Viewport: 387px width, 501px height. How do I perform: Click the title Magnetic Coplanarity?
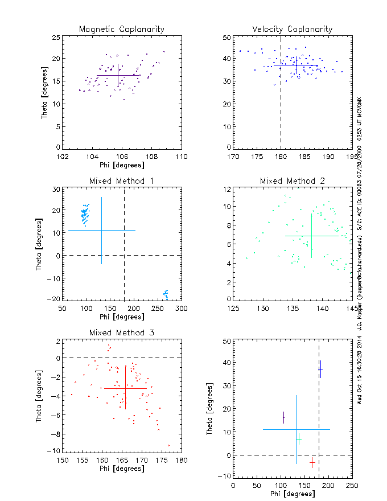pyautogui.click(x=121, y=29)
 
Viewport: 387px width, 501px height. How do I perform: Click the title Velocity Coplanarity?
pyautogui.click(x=292, y=29)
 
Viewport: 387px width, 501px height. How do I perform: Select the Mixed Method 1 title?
pyautogui.click(x=121, y=181)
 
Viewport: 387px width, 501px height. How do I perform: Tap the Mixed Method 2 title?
pyautogui.click(x=292, y=181)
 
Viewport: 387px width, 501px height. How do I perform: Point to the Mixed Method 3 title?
pyautogui.click(x=121, y=332)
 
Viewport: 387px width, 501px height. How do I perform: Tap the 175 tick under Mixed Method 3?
pyautogui.click(x=161, y=460)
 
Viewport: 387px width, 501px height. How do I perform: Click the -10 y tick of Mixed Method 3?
pyautogui.click(x=55, y=450)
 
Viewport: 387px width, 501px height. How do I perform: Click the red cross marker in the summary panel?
pyautogui.click(x=312, y=462)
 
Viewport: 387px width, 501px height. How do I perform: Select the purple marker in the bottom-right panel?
pyautogui.click(x=283, y=418)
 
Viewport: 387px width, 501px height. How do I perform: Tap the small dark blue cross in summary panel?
pyautogui.click(x=320, y=369)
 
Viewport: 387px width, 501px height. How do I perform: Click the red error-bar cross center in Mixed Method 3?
pyautogui.click(x=125, y=388)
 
